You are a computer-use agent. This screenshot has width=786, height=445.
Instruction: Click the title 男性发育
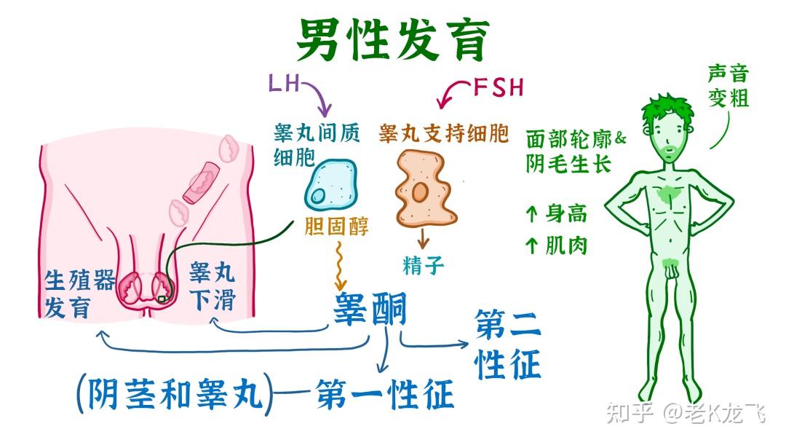click(x=393, y=40)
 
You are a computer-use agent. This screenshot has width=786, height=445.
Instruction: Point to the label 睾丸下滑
click(x=212, y=286)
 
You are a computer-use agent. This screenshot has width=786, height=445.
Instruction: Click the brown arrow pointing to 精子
click(x=423, y=237)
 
